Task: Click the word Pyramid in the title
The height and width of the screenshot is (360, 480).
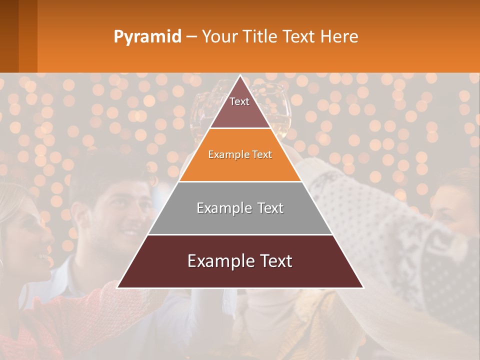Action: click(147, 37)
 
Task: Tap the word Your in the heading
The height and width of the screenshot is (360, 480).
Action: click(217, 37)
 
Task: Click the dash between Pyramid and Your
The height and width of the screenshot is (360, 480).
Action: click(191, 37)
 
